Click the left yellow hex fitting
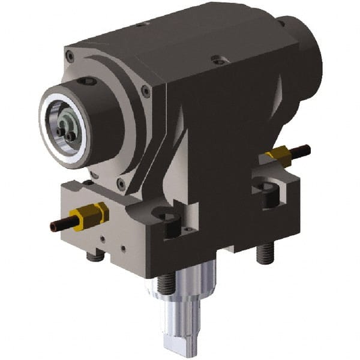point(89,214)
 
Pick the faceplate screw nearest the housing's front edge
point(146,91)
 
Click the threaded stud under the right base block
point(262,254)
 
